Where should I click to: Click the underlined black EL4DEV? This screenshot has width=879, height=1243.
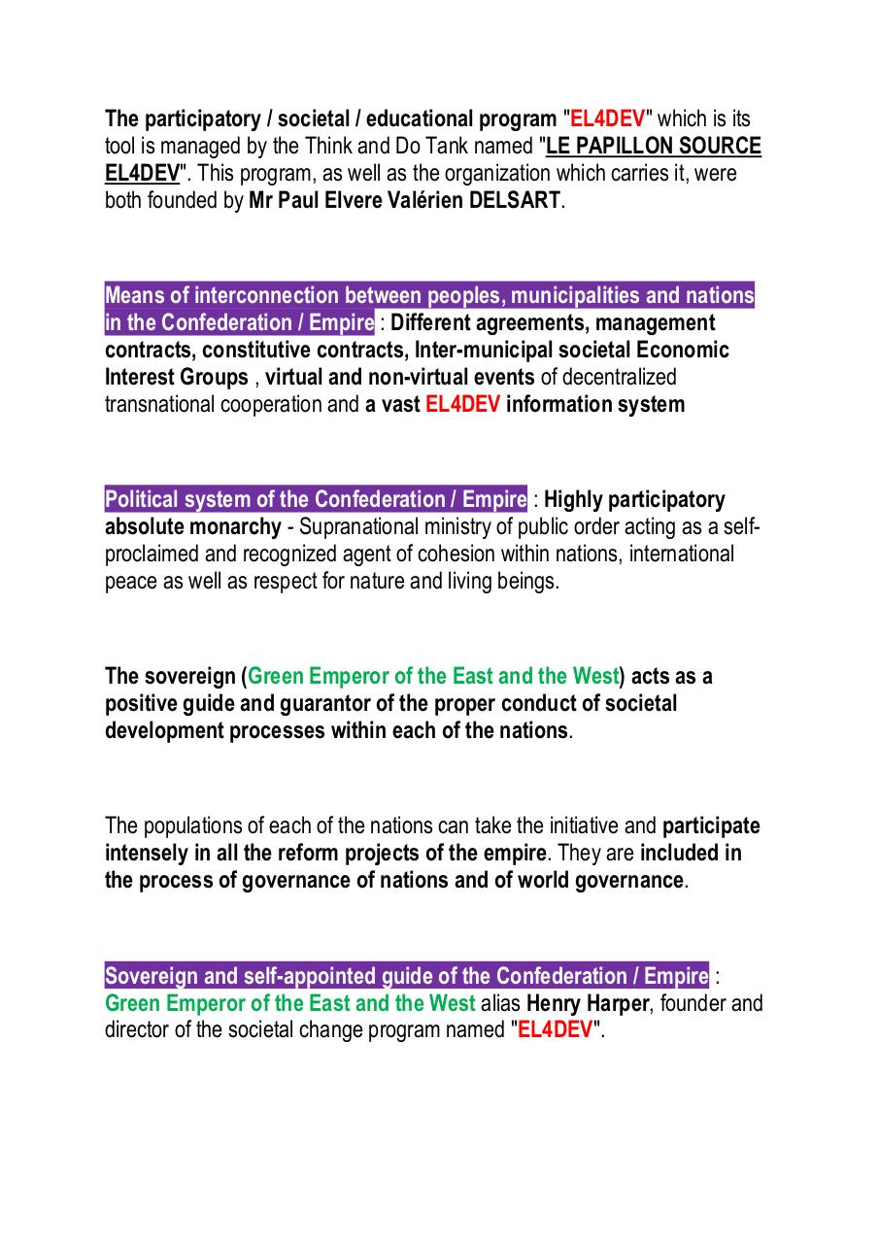pos(142,174)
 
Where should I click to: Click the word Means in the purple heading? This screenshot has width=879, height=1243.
pos(131,295)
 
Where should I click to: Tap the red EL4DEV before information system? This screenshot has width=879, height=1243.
pos(463,404)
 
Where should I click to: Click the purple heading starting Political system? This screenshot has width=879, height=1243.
pos(317,499)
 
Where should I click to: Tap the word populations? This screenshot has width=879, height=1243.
pos(199,825)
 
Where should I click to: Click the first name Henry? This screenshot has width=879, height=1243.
pos(554,1003)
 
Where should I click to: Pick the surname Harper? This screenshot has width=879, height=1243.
pos(617,1003)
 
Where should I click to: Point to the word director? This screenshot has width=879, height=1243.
pos(136,1030)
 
